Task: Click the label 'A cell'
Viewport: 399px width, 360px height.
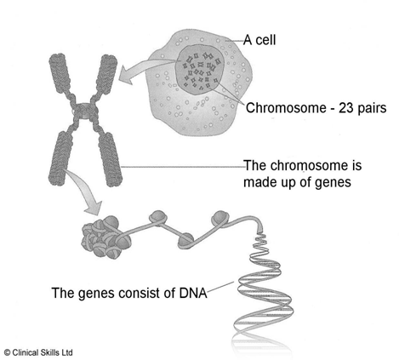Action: [x=259, y=40]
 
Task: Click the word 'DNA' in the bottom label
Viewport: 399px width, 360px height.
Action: [x=193, y=293]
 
